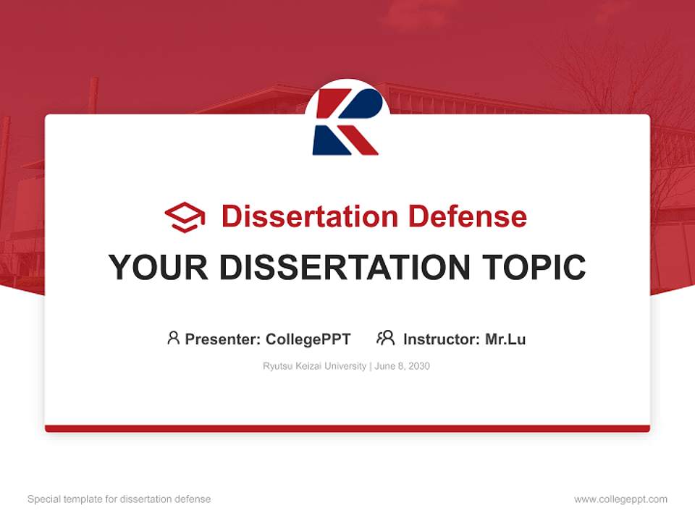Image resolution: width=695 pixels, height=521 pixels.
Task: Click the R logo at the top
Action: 347,122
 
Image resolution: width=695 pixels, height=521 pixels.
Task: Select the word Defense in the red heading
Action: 467,216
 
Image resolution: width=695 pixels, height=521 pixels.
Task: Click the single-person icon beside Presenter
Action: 173,338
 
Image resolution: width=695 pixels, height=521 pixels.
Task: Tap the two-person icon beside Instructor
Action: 385,338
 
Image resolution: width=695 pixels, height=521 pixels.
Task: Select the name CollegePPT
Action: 308,339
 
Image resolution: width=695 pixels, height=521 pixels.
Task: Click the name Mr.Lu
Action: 505,339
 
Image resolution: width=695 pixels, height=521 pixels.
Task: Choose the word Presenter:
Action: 223,339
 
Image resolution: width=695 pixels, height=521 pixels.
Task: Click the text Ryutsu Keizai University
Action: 314,366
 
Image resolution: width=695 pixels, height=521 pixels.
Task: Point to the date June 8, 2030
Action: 403,366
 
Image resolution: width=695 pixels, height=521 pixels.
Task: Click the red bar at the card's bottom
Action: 347,428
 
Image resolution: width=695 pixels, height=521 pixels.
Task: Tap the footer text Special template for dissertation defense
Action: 119,499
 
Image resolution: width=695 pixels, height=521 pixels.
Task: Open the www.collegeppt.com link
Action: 620,499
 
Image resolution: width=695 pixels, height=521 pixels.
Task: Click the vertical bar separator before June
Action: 371,366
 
